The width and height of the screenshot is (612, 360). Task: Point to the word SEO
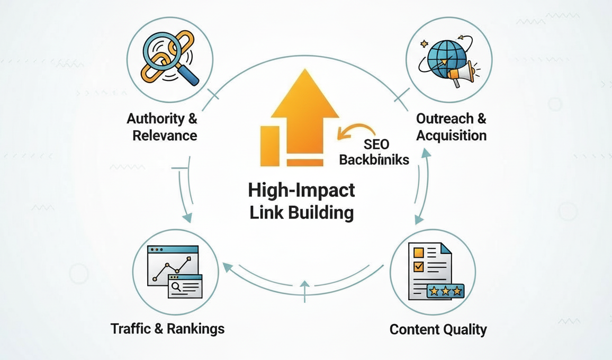(x=376, y=144)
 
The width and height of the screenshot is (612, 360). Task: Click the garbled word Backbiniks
(x=374, y=159)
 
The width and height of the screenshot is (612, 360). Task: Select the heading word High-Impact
(x=302, y=191)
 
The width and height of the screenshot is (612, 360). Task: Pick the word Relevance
(x=165, y=135)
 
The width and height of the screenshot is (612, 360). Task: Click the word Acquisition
(x=451, y=135)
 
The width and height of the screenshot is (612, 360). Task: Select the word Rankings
(x=196, y=328)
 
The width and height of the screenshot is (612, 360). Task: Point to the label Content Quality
(x=438, y=329)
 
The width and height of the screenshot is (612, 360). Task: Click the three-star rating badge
(x=446, y=290)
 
